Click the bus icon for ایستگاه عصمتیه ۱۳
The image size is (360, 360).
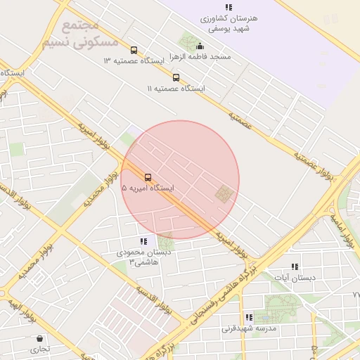click(x=134, y=50)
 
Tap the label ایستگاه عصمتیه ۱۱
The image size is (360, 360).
click(x=176, y=89)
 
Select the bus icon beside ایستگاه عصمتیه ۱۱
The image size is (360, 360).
click(x=176, y=77)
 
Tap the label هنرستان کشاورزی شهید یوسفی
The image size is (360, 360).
click(x=229, y=24)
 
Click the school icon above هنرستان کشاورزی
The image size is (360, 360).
click(x=228, y=7)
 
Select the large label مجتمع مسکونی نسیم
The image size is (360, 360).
click(x=79, y=34)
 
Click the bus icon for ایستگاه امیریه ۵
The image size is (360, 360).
click(x=148, y=177)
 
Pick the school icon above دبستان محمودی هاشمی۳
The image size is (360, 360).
click(x=143, y=240)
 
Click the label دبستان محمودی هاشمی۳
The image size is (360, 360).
click(x=142, y=257)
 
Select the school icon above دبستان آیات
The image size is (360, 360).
click(x=295, y=266)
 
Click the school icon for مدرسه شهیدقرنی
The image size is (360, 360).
click(x=249, y=317)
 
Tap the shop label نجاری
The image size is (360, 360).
click(x=39, y=348)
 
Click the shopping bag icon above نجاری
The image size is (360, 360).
click(x=39, y=337)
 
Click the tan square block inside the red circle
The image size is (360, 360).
click(x=224, y=193)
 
